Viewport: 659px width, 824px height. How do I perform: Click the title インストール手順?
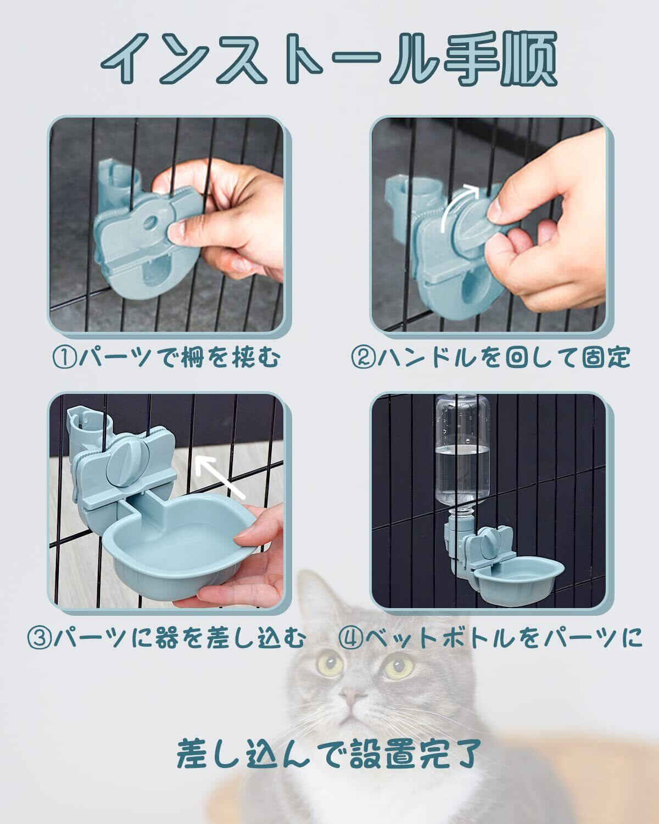pyautogui.click(x=329, y=58)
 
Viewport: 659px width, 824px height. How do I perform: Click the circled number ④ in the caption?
pyautogui.click(x=350, y=639)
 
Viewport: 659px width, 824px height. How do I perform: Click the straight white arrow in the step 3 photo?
pyautogui.click(x=220, y=477)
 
